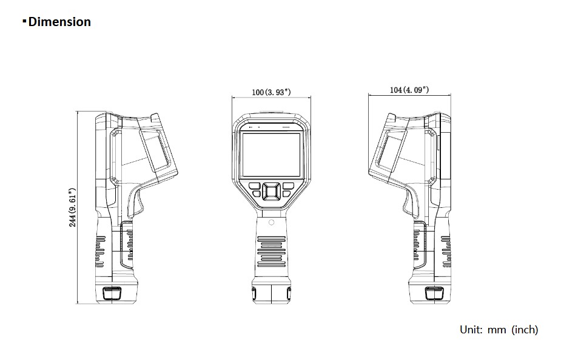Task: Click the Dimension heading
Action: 59,22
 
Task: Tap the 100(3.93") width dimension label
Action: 271,92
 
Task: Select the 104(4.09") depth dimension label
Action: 409,90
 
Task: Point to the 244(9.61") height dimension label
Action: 73,207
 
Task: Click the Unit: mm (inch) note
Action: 499,330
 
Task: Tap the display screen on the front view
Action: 271,155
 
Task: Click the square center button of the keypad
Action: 271,192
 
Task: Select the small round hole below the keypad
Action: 271,222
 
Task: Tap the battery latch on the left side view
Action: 112,293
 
